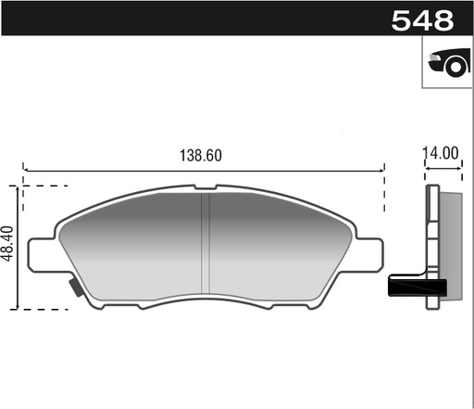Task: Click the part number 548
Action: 422,19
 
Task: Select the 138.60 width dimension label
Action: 201,156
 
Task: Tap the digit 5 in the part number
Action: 402,19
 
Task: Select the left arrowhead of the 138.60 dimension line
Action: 25,171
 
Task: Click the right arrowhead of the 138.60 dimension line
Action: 380,171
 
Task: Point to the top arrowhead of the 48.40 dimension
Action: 18,188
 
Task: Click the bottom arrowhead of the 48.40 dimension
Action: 18,306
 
